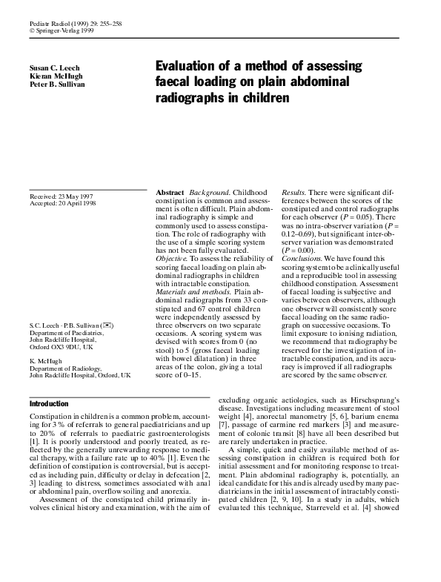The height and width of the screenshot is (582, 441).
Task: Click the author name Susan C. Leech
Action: tap(55, 67)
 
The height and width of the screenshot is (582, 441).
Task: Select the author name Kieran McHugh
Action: tap(55, 76)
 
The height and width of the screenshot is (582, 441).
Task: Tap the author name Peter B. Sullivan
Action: tap(57, 84)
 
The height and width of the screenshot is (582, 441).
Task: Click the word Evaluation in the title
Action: tap(188, 66)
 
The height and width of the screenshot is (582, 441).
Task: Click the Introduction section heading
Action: tap(49, 404)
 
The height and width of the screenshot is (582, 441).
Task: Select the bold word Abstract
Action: tap(170, 193)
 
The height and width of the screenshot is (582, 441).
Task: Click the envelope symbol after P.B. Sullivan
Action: tap(109, 326)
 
